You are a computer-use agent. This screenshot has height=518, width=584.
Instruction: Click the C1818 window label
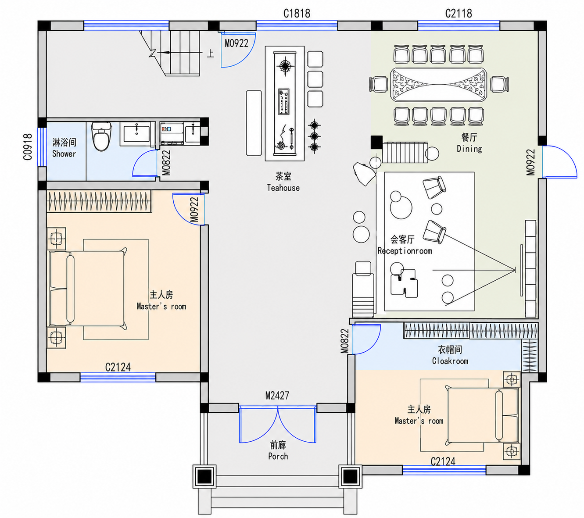297,13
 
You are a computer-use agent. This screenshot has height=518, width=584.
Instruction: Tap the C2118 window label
459,13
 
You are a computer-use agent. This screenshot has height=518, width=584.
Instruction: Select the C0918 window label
28,146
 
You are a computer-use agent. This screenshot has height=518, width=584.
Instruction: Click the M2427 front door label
277,395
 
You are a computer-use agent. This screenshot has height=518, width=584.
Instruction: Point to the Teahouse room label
283,188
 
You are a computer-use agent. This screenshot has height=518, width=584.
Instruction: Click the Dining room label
469,149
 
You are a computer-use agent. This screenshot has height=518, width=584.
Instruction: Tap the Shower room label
64,154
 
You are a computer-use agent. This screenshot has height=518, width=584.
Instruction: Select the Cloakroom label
450,361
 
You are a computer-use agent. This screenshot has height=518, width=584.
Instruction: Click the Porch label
278,456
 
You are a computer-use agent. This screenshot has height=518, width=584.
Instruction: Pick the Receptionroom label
405,250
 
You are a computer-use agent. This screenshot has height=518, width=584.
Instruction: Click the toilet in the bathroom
101,136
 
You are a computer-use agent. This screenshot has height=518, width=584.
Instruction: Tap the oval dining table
439,85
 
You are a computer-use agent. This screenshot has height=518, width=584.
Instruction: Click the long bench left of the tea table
254,123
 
